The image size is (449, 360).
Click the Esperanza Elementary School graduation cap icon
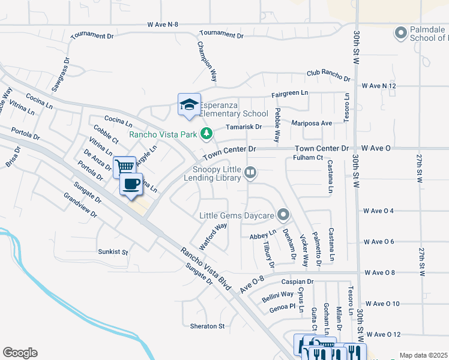(188, 104)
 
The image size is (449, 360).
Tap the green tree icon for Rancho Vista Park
(206, 133)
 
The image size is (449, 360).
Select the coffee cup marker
(131, 184)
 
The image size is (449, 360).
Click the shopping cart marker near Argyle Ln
(124, 166)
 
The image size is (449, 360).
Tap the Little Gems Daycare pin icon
(283, 215)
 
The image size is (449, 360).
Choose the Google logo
(20, 353)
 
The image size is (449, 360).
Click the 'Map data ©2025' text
(423, 355)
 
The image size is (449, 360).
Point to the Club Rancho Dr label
(328, 76)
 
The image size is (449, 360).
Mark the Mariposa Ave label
(312, 123)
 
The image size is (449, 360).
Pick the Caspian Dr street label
(297, 281)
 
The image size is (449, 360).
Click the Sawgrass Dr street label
(61, 75)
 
